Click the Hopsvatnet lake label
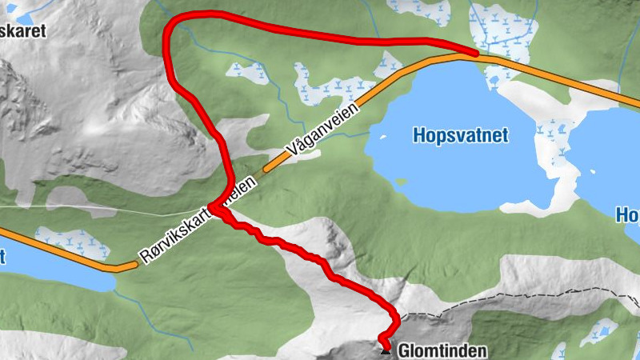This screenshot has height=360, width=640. (x=461, y=135)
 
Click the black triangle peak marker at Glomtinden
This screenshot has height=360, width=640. (x=386, y=349)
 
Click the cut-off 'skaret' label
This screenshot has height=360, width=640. (x=22, y=32)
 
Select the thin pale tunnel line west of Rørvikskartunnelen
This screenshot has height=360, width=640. (x=96, y=210)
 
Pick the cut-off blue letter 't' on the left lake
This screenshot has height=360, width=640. (x=2, y=257)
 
